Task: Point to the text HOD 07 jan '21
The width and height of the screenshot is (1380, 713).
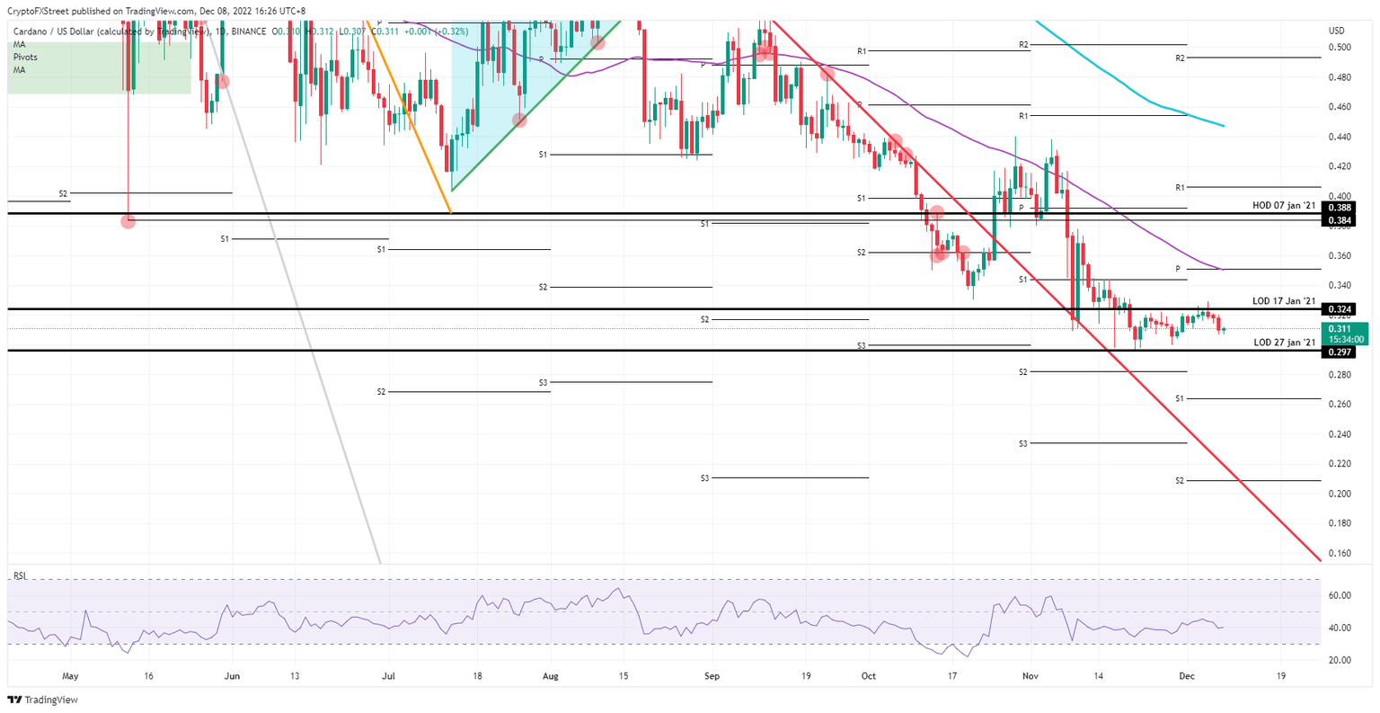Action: click(x=1284, y=206)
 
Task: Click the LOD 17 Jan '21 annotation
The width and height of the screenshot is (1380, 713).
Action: click(x=1284, y=300)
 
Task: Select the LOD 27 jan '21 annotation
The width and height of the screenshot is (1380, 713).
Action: click(x=1284, y=343)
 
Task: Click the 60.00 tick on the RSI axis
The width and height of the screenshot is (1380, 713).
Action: click(x=1340, y=595)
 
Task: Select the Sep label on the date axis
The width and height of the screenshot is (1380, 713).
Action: click(x=712, y=675)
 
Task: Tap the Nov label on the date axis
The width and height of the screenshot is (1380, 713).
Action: click(x=1031, y=675)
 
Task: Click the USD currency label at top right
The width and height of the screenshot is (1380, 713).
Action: click(x=1336, y=31)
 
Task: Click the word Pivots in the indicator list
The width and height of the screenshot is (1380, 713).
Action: click(x=25, y=57)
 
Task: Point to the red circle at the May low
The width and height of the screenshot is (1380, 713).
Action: click(x=128, y=221)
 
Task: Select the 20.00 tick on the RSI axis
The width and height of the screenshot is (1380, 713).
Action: click(x=1340, y=660)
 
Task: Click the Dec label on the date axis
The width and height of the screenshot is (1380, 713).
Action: click(x=1187, y=675)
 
